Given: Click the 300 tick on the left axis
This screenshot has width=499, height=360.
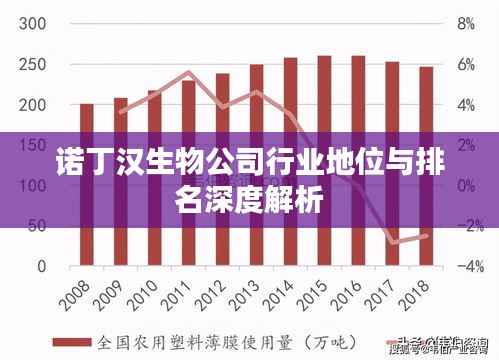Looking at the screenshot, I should (x=33, y=23).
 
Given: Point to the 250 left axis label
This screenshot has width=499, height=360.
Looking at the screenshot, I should (x=33, y=64).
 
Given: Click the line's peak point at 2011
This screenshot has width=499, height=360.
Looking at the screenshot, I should (x=188, y=72).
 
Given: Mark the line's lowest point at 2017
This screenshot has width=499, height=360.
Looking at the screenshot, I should (x=392, y=242).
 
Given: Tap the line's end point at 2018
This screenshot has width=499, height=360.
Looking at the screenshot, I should (x=426, y=235).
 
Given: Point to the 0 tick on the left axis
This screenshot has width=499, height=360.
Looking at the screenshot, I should (x=40, y=267).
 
